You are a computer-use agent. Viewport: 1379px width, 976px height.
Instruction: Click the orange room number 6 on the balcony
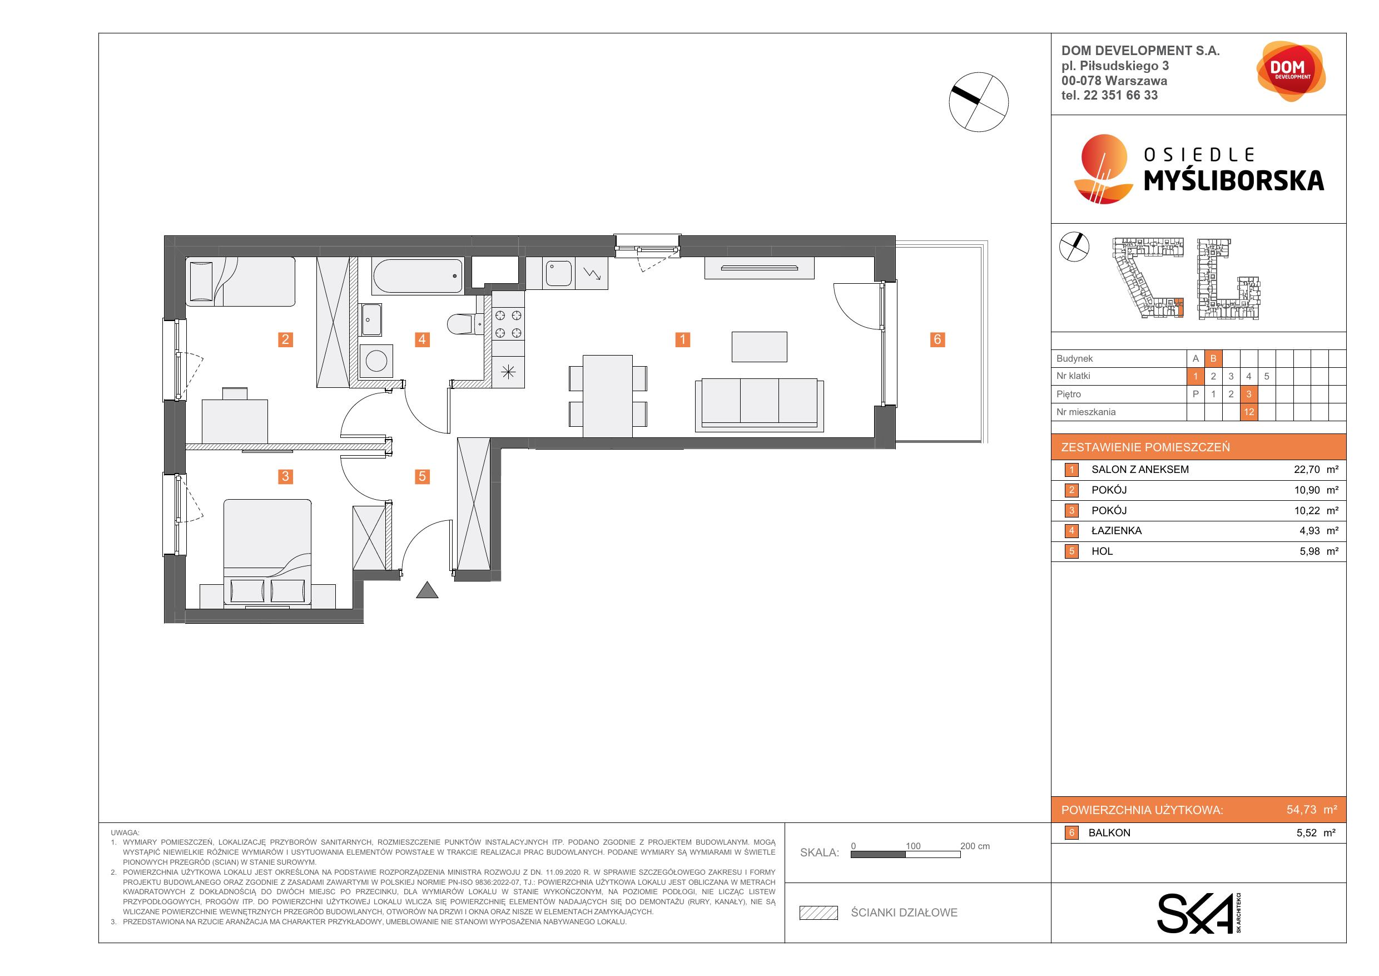coord(937,339)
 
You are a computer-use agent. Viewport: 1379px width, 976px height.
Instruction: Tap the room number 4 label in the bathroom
coord(422,339)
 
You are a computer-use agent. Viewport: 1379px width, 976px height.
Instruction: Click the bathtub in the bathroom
coord(418,277)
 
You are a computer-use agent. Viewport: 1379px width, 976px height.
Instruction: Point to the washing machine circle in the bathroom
coord(376,361)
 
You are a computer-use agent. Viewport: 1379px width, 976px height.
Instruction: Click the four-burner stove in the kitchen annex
coord(508,324)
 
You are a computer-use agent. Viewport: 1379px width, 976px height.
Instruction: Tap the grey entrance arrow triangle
coord(427,590)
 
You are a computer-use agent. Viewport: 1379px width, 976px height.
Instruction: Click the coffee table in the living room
coord(759,347)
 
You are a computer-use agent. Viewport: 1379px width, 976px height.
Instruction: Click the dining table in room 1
coord(608,396)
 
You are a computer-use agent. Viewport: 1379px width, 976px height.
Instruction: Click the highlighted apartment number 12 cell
coord(1249,412)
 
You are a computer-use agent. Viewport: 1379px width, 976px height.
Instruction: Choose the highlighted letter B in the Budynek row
coord(1213,359)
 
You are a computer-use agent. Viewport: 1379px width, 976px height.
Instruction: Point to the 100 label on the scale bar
coord(913,846)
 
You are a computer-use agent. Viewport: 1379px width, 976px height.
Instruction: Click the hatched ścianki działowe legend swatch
coord(818,913)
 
